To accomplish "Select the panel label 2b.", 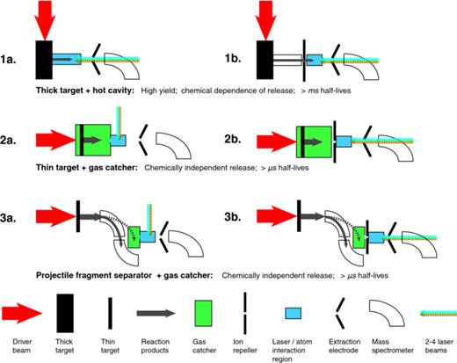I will [x=235, y=138].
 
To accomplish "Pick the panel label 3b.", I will [x=235, y=216].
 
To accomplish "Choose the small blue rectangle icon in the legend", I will [x=294, y=312].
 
